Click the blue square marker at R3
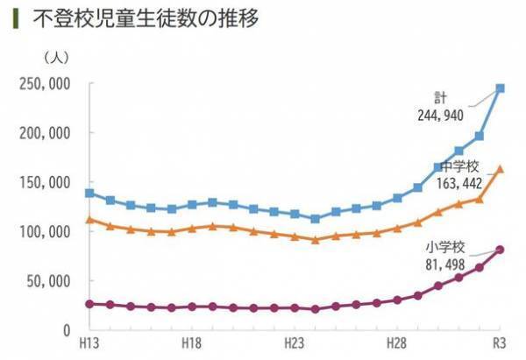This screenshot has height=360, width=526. pyautogui.click(x=500, y=88)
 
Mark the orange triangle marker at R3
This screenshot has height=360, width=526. pyautogui.click(x=500, y=169)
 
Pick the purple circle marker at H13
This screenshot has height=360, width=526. pyautogui.click(x=89, y=304)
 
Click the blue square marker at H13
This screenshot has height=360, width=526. pyautogui.click(x=89, y=193)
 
